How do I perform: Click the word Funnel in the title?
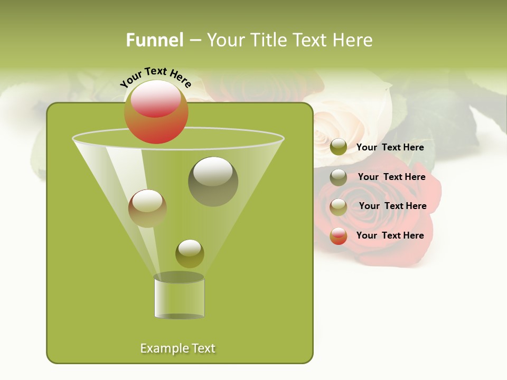tap(154, 40)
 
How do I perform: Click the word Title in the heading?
tap(269, 40)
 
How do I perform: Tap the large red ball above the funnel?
tap(156, 112)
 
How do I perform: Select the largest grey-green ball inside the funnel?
tap(213, 181)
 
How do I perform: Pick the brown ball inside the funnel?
tap(147, 208)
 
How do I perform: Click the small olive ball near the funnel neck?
tap(190, 253)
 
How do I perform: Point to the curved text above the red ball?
tap(156, 77)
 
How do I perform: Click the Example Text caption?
tap(178, 348)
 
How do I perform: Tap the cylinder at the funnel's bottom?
tap(179, 298)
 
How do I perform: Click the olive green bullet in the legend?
tap(339, 147)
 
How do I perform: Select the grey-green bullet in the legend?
tap(339, 177)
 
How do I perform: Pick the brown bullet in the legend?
tap(339, 206)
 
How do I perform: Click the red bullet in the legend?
tap(339, 236)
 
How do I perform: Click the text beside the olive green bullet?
tap(390, 147)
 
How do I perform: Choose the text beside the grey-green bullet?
tap(391, 177)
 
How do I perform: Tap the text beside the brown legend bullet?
tap(392, 206)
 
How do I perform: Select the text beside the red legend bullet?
tap(390, 235)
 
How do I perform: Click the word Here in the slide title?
tap(352, 40)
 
